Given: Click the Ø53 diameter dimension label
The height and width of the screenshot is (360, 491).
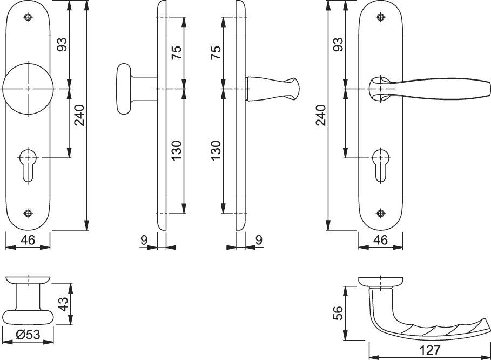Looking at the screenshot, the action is click(x=28, y=335).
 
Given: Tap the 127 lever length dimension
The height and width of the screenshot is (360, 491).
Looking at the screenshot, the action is click(x=430, y=350).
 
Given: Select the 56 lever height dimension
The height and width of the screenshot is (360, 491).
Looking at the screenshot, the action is click(x=338, y=313).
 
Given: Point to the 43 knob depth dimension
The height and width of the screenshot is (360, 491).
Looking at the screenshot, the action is click(x=63, y=304).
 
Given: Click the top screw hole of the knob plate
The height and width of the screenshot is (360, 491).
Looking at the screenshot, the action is click(x=28, y=17).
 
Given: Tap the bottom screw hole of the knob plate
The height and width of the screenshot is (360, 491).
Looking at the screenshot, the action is click(x=28, y=213).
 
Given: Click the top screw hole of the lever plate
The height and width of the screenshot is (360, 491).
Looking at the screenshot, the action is click(x=380, y=17).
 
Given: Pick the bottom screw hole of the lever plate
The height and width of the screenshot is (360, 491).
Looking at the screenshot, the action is click(x=380, y=213).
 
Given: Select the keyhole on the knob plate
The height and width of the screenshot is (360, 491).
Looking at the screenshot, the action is click(x=28, y=165).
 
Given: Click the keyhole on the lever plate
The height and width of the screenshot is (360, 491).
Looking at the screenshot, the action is click(x=380, y=165).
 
